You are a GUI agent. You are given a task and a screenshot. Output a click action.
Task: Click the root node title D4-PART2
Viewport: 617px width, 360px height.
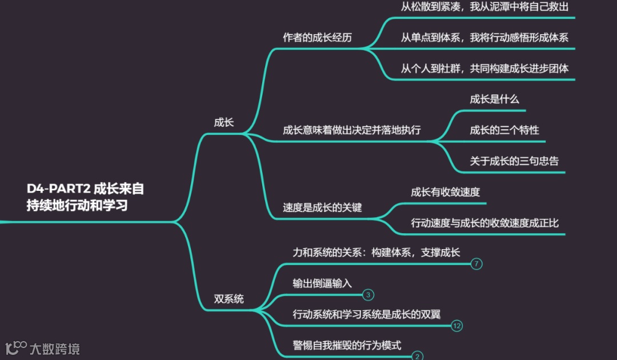(x=85, y=197)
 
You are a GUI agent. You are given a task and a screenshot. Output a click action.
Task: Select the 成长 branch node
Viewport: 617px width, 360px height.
(x=224, y=122)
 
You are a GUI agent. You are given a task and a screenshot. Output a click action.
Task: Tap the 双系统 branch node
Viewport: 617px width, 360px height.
(x=229, y=299)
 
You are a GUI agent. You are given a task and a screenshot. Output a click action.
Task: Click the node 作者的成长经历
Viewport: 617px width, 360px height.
(x=317, y=38)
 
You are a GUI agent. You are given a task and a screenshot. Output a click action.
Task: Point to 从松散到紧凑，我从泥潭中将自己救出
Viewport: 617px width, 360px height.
(x=484, y=7)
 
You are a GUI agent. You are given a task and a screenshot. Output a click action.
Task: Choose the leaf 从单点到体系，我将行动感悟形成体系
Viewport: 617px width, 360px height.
(x=484, y=38)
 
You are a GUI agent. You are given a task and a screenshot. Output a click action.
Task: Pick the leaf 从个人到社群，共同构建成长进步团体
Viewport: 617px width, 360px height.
(x=484, y=69)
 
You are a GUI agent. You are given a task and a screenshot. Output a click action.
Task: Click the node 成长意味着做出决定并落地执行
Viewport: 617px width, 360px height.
(x=352, y=130)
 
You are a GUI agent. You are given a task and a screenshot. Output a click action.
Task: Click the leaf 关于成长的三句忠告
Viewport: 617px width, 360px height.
(x=514, y=161)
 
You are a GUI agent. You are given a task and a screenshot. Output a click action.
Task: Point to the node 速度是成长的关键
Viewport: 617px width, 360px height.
(x=322, y=207)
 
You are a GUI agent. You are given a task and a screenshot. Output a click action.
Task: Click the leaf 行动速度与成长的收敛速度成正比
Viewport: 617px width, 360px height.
(x=484, y=223)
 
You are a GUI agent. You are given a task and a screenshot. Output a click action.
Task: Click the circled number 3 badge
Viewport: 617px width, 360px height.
(x=368, y=295)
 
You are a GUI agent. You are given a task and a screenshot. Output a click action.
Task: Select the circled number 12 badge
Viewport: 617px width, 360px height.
(x=456, y=326)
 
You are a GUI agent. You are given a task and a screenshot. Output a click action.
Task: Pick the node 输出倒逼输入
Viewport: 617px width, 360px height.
(x=322, y=283)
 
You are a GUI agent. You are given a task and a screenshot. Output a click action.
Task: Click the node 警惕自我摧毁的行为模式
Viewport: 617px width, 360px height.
(x=347, y=345)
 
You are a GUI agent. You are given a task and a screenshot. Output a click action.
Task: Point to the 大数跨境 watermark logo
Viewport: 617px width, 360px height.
(x=43, y=347)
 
